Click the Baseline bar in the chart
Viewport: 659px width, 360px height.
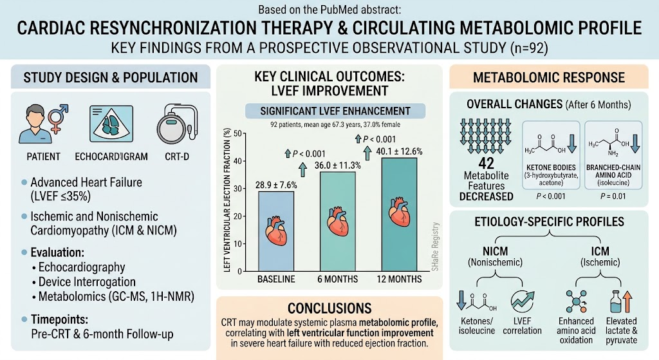276,231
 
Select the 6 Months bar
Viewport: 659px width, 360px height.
337,222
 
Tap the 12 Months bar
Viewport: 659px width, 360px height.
399,214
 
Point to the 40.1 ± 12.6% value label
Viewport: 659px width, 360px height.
399,151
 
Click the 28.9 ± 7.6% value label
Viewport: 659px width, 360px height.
276,185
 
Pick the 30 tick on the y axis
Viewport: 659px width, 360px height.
238,189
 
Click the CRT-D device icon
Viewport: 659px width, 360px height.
177,124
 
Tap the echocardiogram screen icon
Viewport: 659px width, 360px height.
111,124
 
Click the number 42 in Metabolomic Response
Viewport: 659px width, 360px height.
487,163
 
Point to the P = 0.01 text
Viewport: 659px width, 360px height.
613,196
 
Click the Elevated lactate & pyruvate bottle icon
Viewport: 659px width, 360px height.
616,301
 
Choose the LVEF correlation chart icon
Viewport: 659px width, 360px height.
523,301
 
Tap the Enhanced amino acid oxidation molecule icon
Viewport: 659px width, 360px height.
576,301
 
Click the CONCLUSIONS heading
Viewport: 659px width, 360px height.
329,308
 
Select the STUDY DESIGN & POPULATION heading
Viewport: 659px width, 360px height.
111,77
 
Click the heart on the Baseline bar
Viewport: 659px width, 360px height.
276,231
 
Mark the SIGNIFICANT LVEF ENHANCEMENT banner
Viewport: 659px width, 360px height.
335,111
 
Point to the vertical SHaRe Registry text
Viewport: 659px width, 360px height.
436,247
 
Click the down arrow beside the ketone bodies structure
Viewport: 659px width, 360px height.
572,144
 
